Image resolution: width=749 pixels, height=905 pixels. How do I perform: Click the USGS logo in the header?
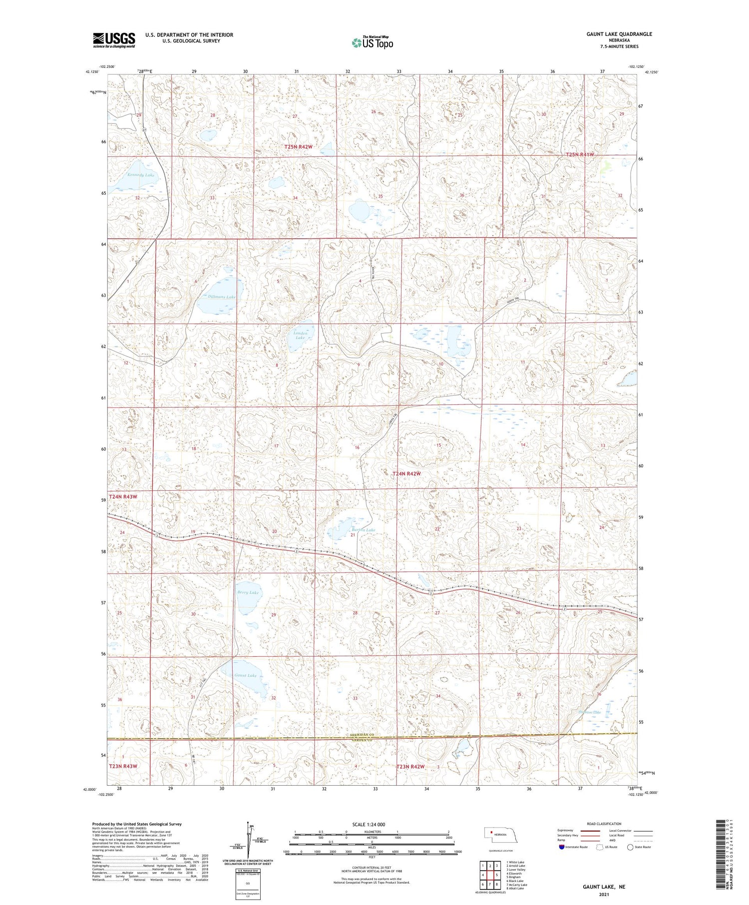[x=114, y=40]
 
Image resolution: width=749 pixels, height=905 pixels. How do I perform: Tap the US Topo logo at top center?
[x=373, y=42]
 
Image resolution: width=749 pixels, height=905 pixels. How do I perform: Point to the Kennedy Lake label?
[x=140, y=175]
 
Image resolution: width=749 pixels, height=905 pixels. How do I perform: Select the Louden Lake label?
[x=300, y=335]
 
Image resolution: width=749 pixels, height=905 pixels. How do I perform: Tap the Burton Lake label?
[x=363, y=530]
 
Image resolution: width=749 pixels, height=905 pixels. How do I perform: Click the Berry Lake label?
[x=249, y=592]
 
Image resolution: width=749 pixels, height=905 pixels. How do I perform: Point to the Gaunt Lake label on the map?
[x=245, y=675]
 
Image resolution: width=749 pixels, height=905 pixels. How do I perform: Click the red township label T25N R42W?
[x=299, y=147]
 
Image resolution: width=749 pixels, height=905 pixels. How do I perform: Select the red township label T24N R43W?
[x=123, y=497]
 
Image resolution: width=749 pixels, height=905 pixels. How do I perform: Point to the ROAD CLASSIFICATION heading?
[x=604, y=824]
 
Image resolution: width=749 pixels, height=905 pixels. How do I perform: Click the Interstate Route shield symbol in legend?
[x=562, y=847]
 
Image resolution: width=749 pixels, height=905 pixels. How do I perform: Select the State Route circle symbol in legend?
[x=630, y=847]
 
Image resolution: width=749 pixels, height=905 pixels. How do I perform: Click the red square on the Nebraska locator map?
[x=491, y=833]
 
